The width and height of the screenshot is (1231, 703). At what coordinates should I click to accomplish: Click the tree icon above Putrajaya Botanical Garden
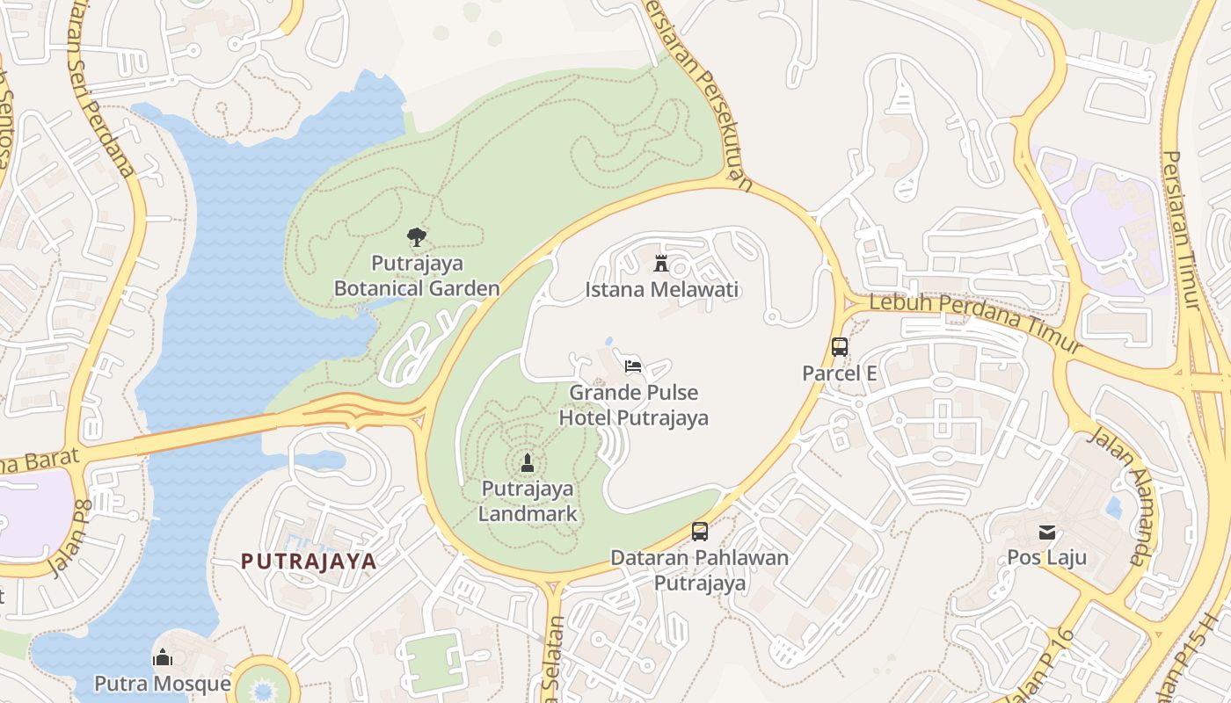click(x=417, y=236)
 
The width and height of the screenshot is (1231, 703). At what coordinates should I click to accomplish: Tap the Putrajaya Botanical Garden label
click(x=417, y=276)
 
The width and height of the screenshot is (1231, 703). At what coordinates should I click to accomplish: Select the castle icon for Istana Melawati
click(x=661, y=263)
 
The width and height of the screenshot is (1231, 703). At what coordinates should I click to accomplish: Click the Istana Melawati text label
click(x=662, y=290)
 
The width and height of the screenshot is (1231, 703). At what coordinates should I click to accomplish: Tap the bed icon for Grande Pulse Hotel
click(x=632, y=366)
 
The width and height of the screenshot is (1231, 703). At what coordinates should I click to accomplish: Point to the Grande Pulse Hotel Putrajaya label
click(x=634, y=405)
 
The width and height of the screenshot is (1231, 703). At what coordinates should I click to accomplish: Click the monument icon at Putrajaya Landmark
click(x=528, y=462)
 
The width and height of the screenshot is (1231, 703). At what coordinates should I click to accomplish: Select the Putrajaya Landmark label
click(x=528, y=501)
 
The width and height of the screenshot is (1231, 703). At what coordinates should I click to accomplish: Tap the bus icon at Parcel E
click(x=840, y=346)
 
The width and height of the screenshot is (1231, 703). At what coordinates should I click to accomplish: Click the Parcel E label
click(x=840, y=373)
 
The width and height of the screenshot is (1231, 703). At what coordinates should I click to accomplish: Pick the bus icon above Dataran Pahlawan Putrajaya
click(x=700, y=531)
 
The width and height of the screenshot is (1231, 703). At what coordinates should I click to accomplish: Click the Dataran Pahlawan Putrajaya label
click(x=700, y=570)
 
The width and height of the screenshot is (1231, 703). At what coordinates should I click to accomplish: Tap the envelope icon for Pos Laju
click(x=1046, y=532)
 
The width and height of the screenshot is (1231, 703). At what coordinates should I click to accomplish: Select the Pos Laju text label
click(x=1046, y=558)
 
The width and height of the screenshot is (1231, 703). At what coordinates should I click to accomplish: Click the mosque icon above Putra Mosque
click(x=163, y=657)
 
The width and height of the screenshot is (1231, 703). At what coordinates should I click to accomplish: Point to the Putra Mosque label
click(x=163, y=684)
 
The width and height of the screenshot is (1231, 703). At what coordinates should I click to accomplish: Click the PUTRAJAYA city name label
click(x=309, y=562)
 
